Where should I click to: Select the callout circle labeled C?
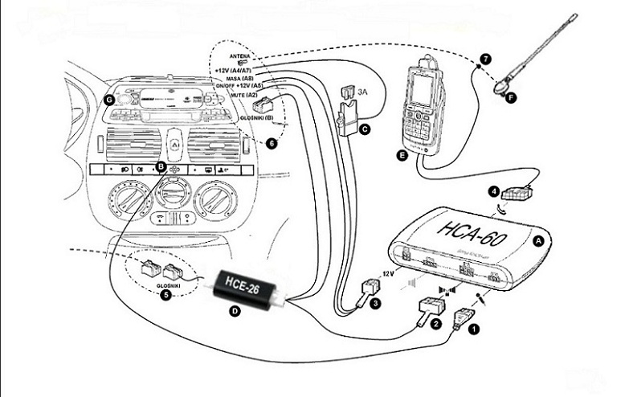coord(365,128)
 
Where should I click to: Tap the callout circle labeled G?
coord(109,100)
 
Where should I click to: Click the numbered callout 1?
coord(473,328)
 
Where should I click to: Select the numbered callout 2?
coord(435,323)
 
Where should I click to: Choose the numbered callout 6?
coord(272,143)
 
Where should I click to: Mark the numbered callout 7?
coord(484,60)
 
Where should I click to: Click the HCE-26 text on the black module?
coord(242,284)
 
